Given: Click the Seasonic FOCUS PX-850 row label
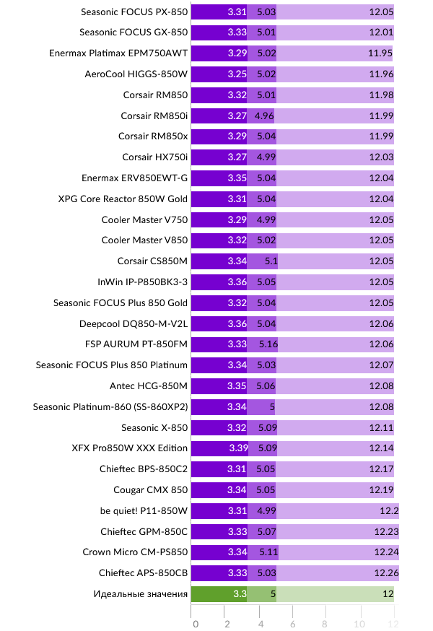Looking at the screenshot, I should point(134,12).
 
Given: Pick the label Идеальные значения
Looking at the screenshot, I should point(141,594).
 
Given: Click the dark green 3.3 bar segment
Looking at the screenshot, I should point(218,594).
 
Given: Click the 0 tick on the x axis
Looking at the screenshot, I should point(195,623).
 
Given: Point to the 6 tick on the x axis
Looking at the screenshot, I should point(294,623).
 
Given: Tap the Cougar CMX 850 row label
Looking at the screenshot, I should point(154,490).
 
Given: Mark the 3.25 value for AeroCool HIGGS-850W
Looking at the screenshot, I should point(235,74).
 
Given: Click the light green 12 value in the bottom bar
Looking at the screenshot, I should point(387,594).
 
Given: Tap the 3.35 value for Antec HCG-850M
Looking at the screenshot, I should point(237,386).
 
